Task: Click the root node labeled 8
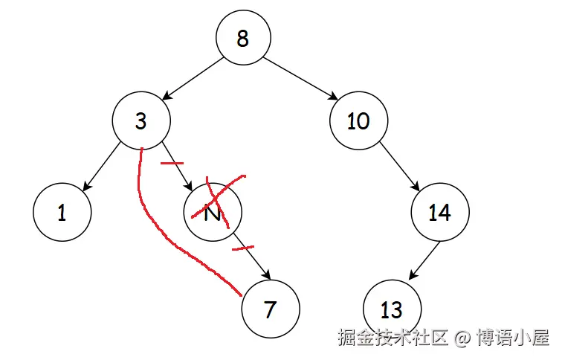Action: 243,38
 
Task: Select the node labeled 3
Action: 141,120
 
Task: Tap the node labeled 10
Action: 358,120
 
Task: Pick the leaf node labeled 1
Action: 62,213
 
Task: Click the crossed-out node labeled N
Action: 213,213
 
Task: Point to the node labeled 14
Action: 440,213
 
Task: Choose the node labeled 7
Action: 271,309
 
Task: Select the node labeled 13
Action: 392,309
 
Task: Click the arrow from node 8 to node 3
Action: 193,79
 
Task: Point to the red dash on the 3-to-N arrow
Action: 172,162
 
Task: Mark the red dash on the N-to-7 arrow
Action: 243,246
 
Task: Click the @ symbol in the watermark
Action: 462,338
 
